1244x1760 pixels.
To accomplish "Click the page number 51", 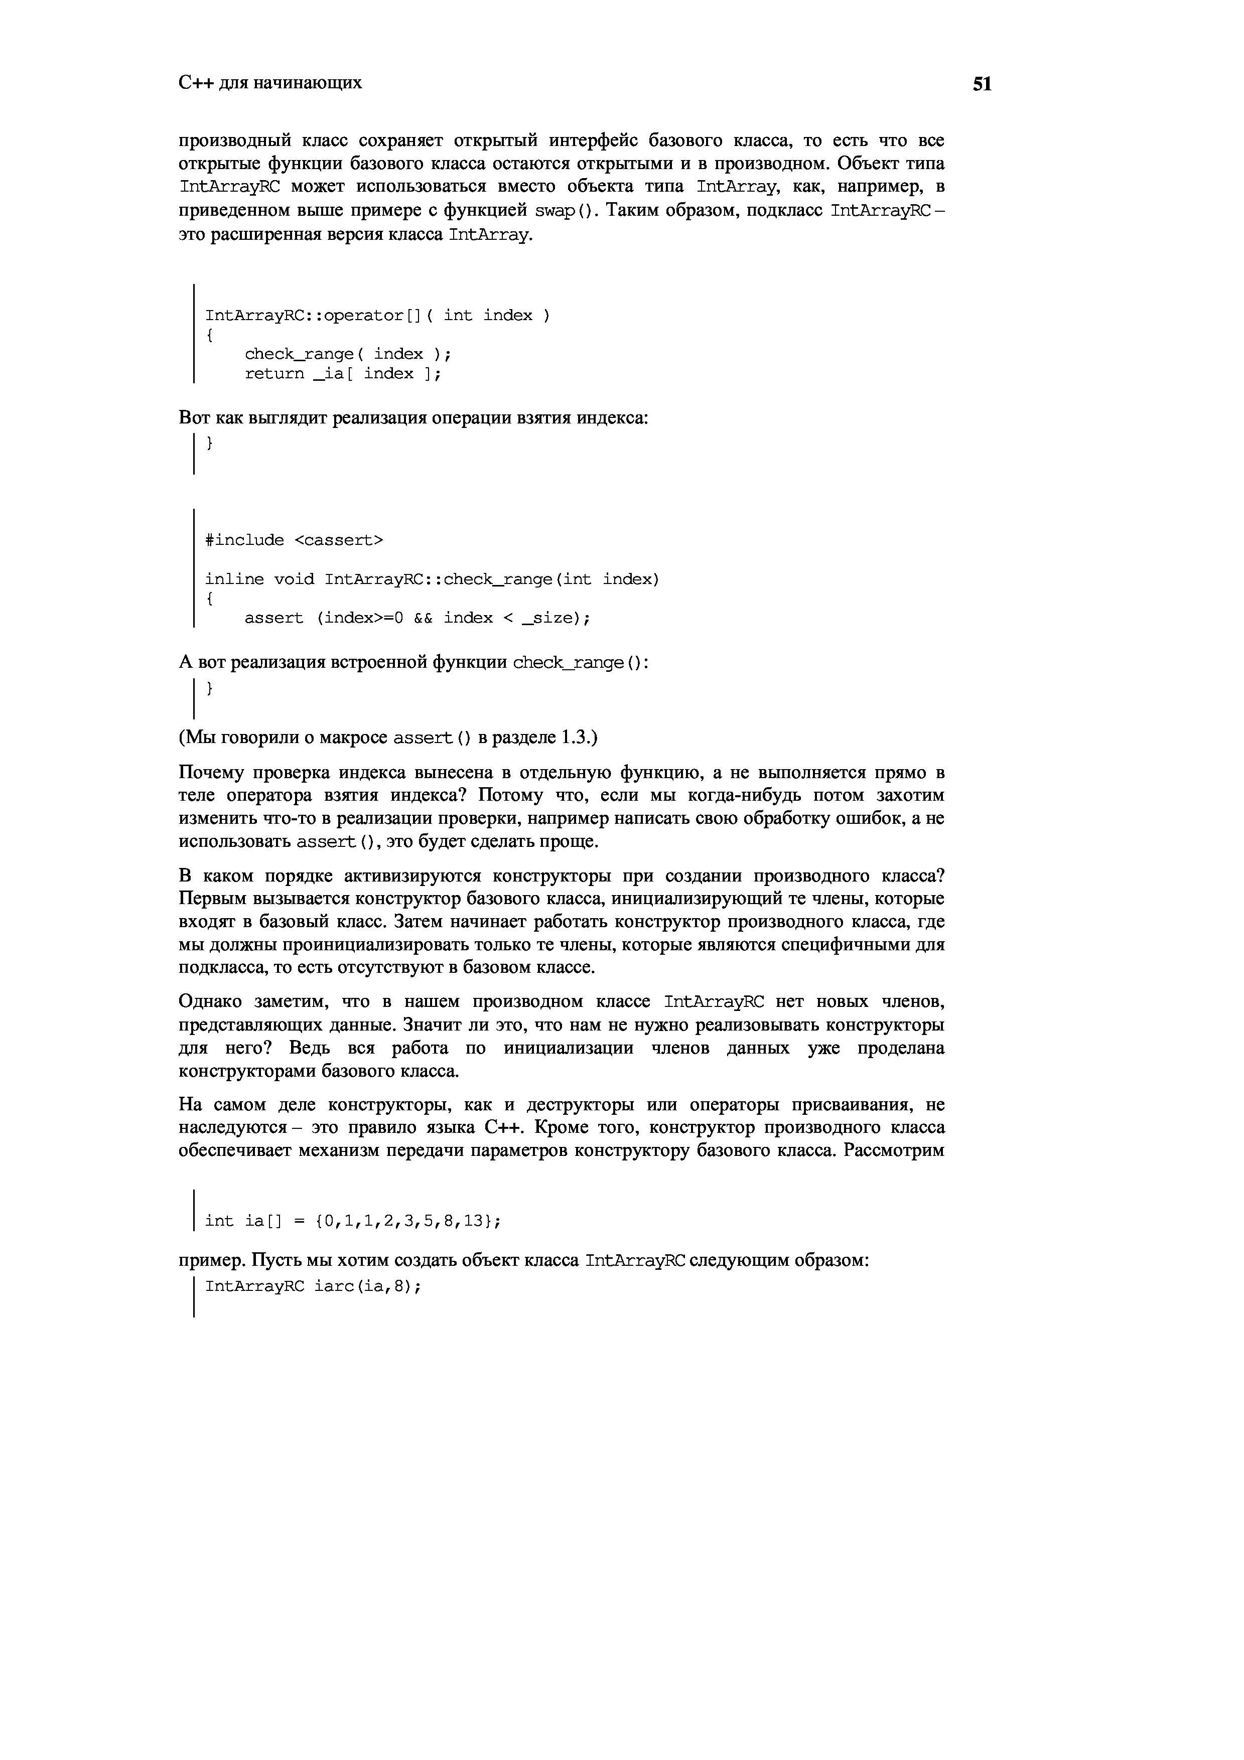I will point(982,84).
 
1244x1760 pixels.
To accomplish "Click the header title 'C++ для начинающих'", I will point(270,83).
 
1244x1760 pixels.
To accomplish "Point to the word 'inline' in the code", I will point(234,579).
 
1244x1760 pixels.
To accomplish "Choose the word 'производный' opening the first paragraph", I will point(234,141).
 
